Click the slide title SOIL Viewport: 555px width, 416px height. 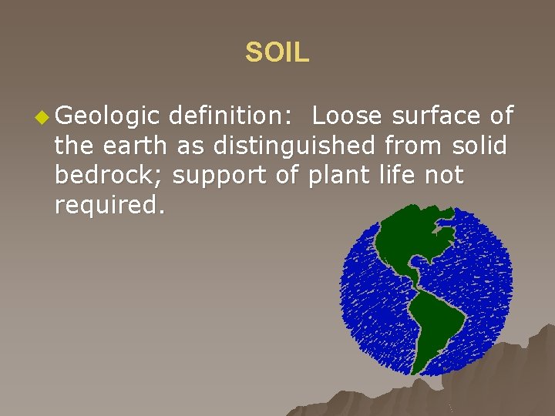[277, 52]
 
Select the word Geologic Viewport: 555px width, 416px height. [107, 116]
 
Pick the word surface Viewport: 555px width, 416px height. [437, 116]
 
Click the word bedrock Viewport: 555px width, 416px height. [107, 175]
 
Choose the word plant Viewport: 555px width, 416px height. [337, 176]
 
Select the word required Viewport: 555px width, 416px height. [109, 205]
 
